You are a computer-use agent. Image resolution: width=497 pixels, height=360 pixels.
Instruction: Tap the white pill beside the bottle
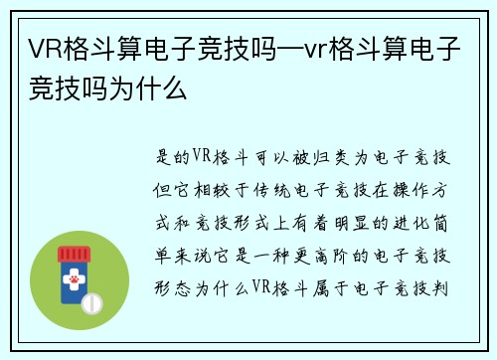pyautogui.click(x=91, y=299)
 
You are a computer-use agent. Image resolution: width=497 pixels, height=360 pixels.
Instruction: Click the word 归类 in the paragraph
pyautogui.click(x=325, y=156)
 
